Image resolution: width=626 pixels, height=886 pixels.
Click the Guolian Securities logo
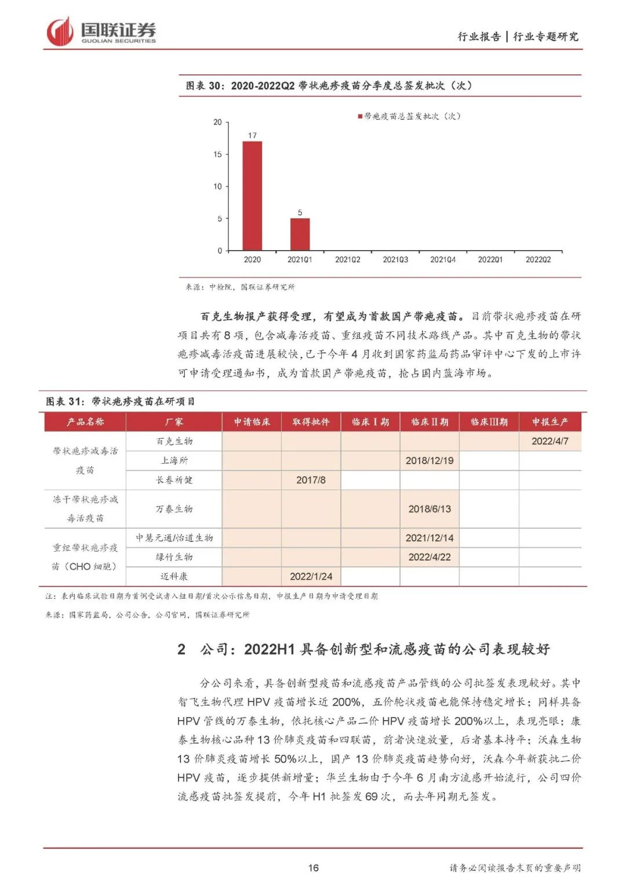pyautogui.click(x=101, y=31)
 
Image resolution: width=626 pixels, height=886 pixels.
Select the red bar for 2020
pyautogui.click(x=252, y=196)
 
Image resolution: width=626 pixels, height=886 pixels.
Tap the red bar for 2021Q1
pyautogui.click(x=300, y=234)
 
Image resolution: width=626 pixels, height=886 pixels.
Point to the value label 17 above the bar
pyautogui.click(x=252, y=135)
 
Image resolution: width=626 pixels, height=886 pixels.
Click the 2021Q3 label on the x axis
pyautogui.click(x=395, y=260)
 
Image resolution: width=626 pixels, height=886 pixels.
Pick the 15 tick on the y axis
pyautogui.click(x=218, y=154)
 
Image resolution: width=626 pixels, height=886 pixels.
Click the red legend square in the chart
pyautogui.click(x=360, y=117)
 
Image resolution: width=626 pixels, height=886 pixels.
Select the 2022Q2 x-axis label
pyautogui.click(x=538, y=260)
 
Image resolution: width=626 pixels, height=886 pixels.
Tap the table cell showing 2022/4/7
pyautogui.click(x=549, y=442)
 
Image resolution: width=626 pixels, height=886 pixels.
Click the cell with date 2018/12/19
pyautogui.click(x=430, y=461)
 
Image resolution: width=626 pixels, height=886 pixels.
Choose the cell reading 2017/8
pyautogui.click(x=311, y=480)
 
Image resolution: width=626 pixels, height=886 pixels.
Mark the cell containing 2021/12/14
pyautogui.click(x=430, y=538)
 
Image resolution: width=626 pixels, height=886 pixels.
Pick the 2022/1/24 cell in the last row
pyautogui.click(x=311, y=576)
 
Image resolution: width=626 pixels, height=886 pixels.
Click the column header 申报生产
pyautogui.click(x=549, y=422)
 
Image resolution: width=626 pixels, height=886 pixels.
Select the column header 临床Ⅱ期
pyautogui.click(x=430, y=422)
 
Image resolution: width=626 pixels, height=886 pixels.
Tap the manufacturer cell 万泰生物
pyautogui.click(x=174, y=509)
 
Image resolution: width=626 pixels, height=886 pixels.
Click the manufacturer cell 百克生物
pyautogui.click(x=174, y=442)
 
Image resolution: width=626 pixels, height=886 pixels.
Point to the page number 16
pyautogui.click(x=313, y=868)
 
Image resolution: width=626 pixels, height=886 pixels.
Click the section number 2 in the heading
pyautogui.click(x=181, y=649)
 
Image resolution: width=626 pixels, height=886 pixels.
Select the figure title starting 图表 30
pyautogui.click(x=328, y=86)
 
